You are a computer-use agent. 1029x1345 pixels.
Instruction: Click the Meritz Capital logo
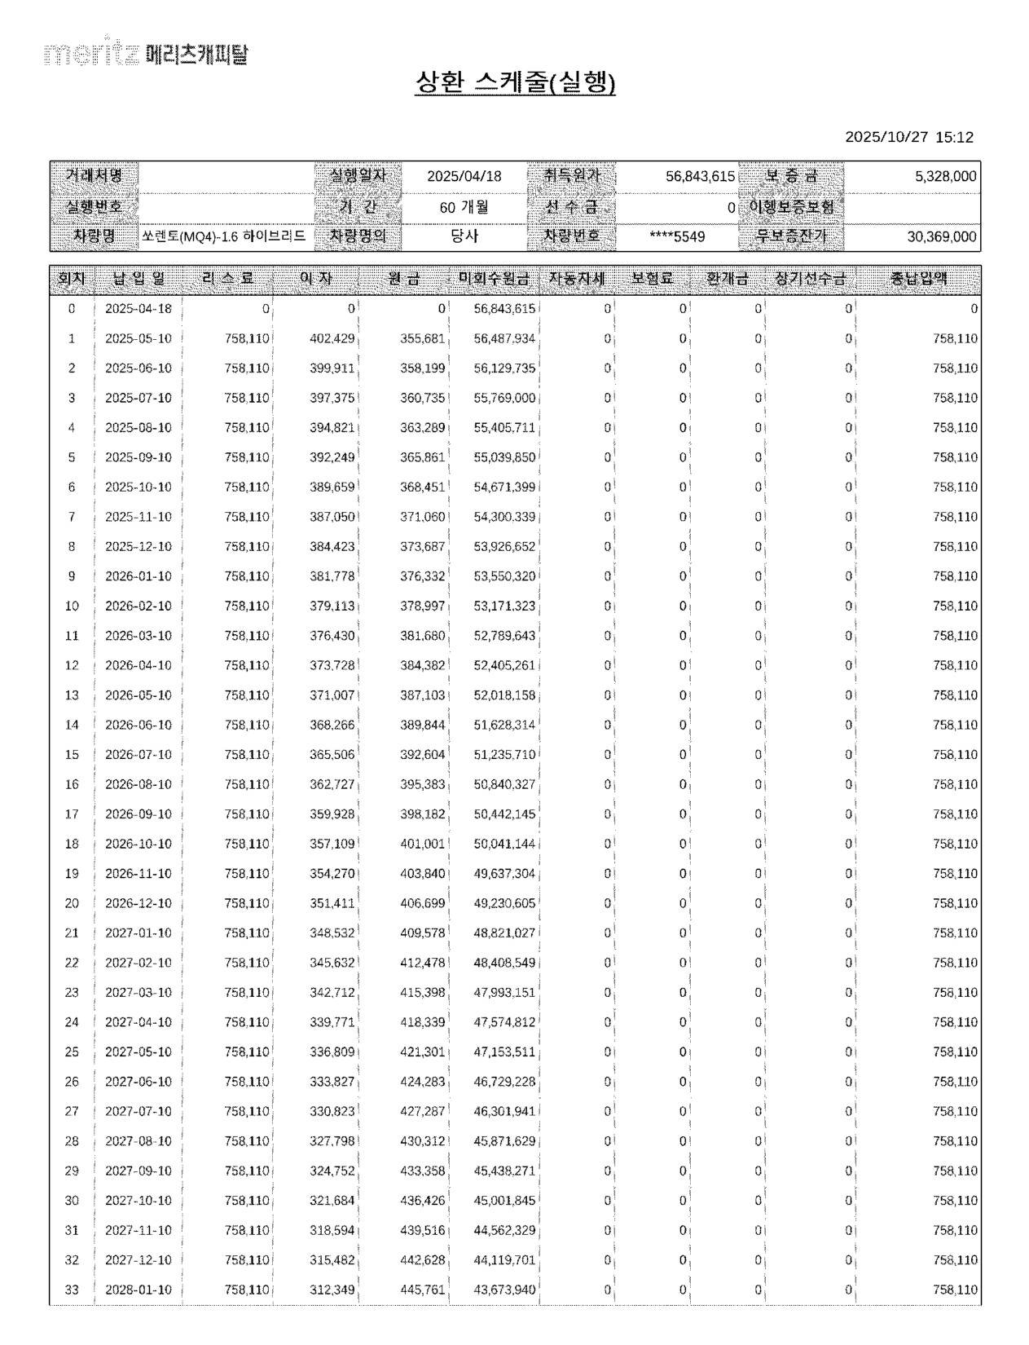pos(147,54)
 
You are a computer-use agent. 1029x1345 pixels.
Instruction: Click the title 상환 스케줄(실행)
pos(515,82)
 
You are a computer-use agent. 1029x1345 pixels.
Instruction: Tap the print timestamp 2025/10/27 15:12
pos(908,137)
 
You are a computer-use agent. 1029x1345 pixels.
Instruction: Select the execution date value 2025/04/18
pos(464,176)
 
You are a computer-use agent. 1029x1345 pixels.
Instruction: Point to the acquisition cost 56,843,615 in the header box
pos(700,176)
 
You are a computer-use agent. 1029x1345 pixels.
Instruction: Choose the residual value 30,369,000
pos(941,236)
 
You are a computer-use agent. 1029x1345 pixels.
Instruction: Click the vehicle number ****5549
pos(677,236)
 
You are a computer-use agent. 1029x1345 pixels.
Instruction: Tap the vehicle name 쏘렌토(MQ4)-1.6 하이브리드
pos(224,236)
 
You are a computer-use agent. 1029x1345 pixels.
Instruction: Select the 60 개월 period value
pos(464,207)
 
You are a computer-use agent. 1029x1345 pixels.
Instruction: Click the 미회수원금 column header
pos(494,279)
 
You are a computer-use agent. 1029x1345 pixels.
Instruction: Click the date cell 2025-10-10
pos(139,487)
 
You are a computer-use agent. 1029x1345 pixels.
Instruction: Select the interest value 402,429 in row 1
pos(332,339)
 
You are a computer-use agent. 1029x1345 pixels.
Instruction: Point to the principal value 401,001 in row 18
pos(423,844)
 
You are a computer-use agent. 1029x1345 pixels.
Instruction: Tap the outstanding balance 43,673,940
pos(504,1290)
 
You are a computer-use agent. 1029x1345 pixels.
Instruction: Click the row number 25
pos(72,1052)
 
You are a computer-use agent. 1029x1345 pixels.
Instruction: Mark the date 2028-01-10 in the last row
pos(139,1290)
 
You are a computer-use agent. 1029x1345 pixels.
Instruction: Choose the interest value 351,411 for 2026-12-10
pos(332,903)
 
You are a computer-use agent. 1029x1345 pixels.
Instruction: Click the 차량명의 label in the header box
pos(358,236)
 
